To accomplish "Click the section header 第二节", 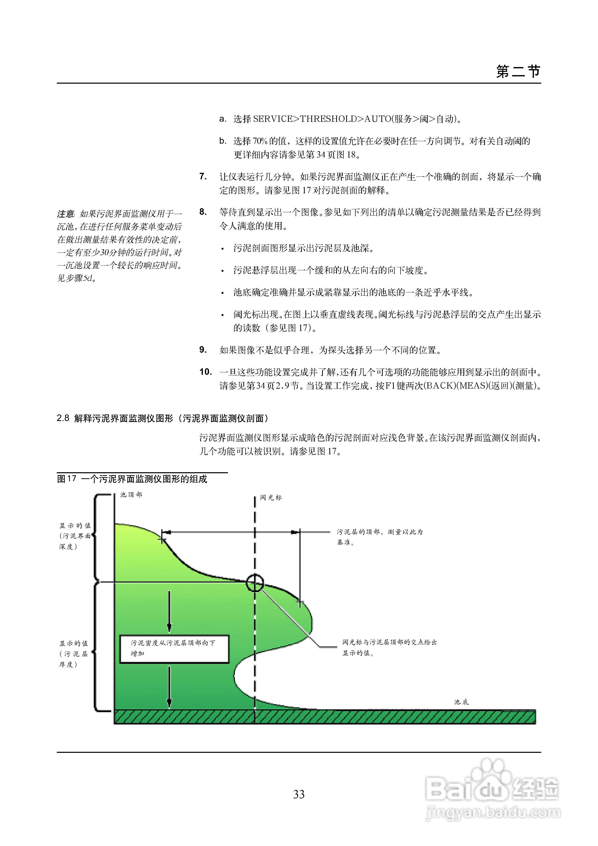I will [518, 72].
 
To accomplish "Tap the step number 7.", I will [203, 177].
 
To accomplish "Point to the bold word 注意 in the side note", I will [66, 214].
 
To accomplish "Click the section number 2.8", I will [63, 418].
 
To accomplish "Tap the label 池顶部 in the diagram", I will [131, 495].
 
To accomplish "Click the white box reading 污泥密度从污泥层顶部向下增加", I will [174, 649].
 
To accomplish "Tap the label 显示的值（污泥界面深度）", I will [75, 536].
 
